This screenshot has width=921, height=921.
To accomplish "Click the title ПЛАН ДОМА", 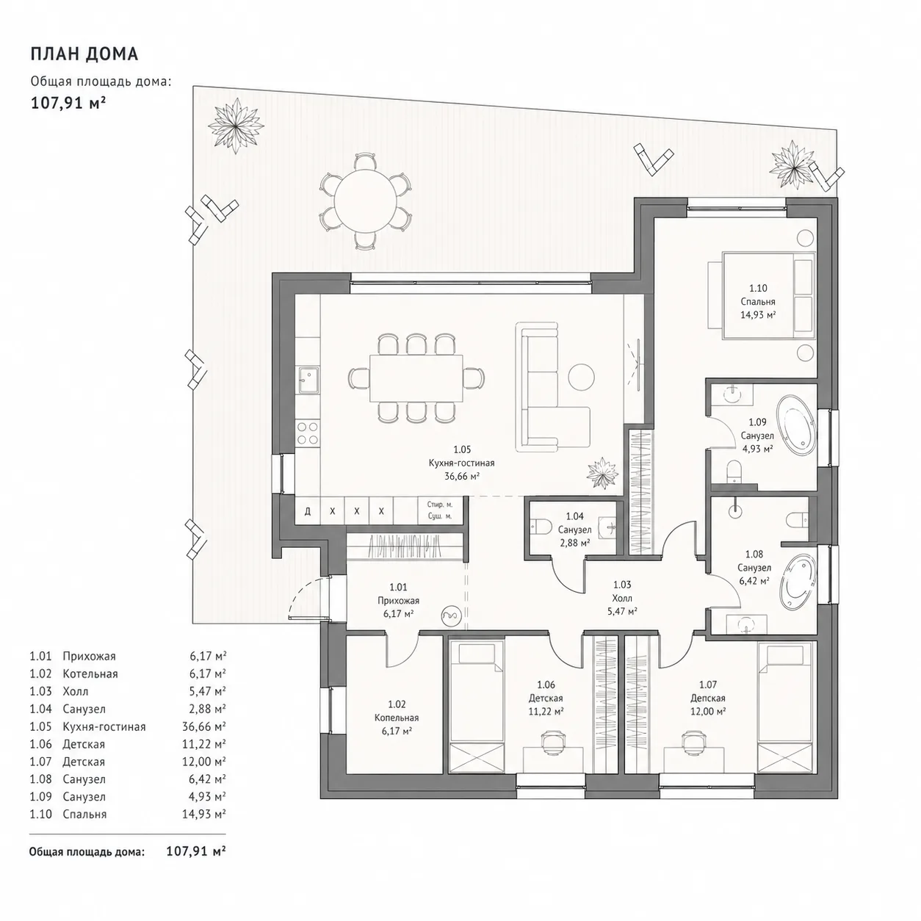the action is point(84,54).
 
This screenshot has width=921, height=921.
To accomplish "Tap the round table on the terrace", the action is point(365,201).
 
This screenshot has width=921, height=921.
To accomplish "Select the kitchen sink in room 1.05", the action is point(308,380).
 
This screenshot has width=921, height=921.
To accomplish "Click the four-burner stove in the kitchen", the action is point(308,433).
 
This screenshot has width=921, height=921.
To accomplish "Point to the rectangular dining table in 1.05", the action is point(416,378).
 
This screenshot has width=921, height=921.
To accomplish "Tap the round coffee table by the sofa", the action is point(581,376).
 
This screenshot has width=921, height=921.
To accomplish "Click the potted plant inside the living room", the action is point(602,472).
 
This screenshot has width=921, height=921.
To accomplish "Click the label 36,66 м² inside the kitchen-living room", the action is point(462,476).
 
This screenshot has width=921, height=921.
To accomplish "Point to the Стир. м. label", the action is point(439,505).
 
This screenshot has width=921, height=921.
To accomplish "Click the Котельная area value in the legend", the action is point(208,673).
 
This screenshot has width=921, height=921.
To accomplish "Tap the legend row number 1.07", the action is point(40,762).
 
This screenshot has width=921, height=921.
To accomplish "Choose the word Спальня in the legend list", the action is point(84,815).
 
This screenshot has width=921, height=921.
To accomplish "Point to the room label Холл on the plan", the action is point(622,598).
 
